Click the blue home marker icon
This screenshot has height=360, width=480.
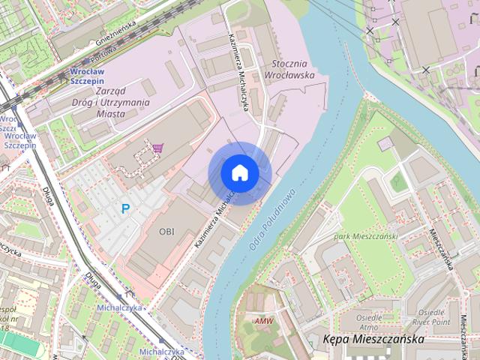(239, 172)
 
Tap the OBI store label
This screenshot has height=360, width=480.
(166, 231)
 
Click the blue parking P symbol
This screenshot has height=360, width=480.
(125, 208)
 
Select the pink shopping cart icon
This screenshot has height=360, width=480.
(157, 148)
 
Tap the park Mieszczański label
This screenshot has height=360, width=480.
(365, 236)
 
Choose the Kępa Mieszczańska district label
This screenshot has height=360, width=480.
(373, 339)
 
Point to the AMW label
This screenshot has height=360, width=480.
(264, 321)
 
